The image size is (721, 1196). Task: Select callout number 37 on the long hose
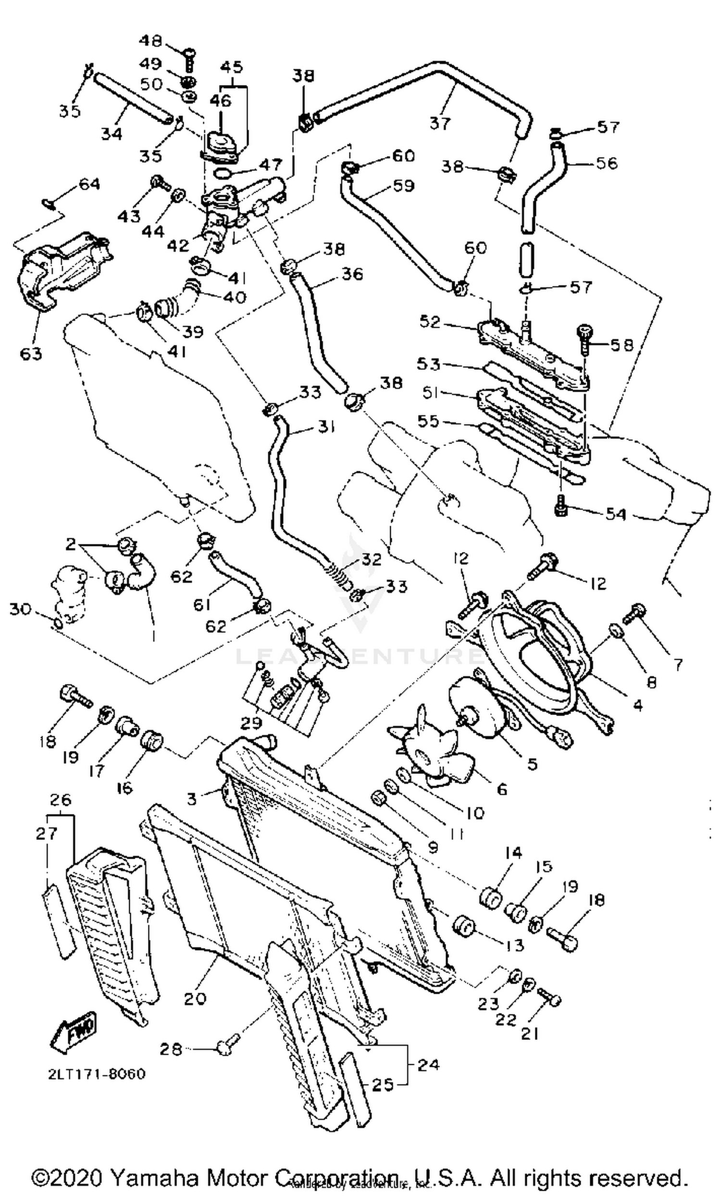[440, 123]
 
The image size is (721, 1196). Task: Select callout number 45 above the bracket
[232, 67]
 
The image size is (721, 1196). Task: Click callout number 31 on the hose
[326, 427]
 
